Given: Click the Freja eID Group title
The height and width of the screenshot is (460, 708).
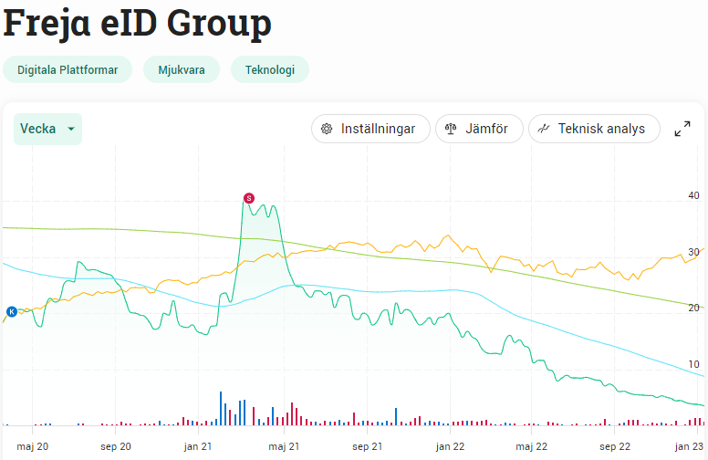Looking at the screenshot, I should pyautogui.click(x=138, y=23).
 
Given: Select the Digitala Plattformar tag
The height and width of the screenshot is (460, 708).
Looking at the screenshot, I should pyautogui.click(x=68, y=70).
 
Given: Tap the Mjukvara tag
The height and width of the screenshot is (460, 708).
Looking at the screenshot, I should pyautogui.click(x=182, y=70).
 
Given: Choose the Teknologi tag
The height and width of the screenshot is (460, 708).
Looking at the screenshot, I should pyautogui.click(x=270, y=70).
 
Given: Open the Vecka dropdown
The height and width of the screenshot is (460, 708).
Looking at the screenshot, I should pyautogui.click(x=47, y=129).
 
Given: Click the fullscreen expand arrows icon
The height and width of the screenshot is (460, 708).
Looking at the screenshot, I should pyautogui.click(x=682, y=129).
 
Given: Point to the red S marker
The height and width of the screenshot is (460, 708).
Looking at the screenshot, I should pyautogui.click(x=248, y=198).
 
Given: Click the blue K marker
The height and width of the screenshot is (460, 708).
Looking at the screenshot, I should pyautogui.click(x=12, y=311).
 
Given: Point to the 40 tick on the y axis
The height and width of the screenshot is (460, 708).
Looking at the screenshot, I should pyautogui.click(x=693, y=195).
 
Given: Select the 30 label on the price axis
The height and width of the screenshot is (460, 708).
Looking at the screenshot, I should pyautogui.click(x=693, y=252).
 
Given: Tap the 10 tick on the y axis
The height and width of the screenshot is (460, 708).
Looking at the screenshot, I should pyautogui.click(x=693, y=365).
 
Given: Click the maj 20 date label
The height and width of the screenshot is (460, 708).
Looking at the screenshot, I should pyautogui.click(x=32, y=446).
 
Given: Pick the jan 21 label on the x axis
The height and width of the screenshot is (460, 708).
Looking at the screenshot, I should pyautogui.click(x=198, y=446).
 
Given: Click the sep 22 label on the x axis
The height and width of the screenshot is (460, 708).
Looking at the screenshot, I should pyautogui.click(x=614, y=446).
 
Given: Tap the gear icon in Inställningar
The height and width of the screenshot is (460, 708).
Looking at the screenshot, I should pyautogui.click(x=327, y=129).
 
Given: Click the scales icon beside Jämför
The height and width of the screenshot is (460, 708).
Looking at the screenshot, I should pyautogui.click(x=450, y=129).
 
